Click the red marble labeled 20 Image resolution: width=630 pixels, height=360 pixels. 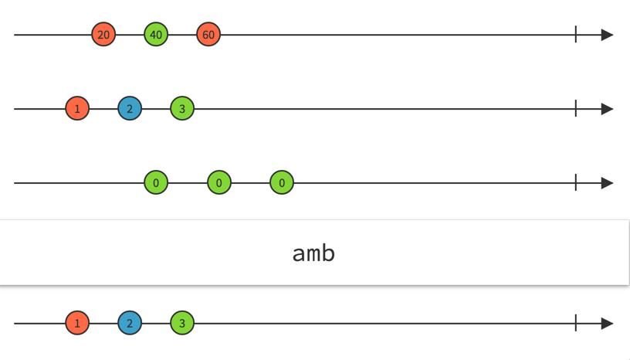pyautogui.click(x=103, y=35)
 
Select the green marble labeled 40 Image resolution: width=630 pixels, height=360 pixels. pyautogui.click(x=156, y=35)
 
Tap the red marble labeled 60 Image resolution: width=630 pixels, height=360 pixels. pyautogui.click(x=208, y=35)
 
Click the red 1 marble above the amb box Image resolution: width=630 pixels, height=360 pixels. pyautogui.click(x=77, y=109)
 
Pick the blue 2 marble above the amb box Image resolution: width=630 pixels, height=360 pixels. pyautogui.click(x=130, y=109)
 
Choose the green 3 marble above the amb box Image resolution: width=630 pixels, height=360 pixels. pyautogui.click(x=182, y=109)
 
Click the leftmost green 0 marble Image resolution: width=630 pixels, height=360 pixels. pyautogui.click(x=156, y=183)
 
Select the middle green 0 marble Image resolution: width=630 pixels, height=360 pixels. pyautogui.click(x=219, y=183)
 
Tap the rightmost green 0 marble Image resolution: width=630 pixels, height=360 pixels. pyautogui.click(x=282, y=183)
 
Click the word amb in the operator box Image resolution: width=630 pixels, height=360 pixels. pyautogui.click(x=313, y=253)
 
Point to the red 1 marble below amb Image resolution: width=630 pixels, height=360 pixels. pyautogui.click(x=77, y=323)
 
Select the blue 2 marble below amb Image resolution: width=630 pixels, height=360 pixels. pyautogui.click(x=130, y=323)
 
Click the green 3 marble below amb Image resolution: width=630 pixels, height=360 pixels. pyautogui.click(x=182, y=323)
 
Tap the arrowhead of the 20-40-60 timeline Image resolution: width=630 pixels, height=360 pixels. pyautogui.click(x=607, y=35)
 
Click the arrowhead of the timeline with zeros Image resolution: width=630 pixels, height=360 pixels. pyautogui.click(x=607, y=183)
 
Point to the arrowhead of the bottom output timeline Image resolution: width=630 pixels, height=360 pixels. pyautogui.click(x=607, y=323)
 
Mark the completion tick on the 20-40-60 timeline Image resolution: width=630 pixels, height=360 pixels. pyautogui.click(x=576, y=34)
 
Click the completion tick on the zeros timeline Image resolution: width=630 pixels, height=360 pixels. pyautogui.click(x=576, y=182)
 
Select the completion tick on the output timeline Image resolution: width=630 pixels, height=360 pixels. pyautogui.click(x=576, y=323)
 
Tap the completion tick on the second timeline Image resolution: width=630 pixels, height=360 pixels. pyautogui.click(x=576, y=108)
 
